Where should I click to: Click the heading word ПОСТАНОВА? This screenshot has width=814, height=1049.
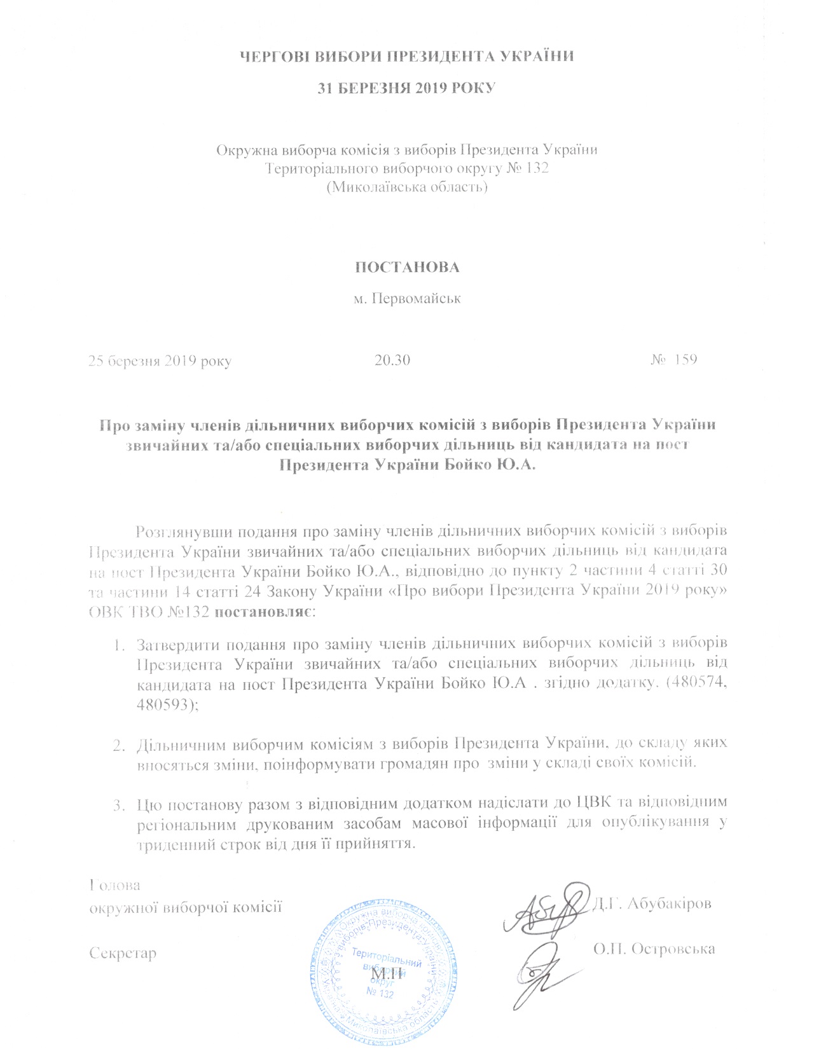(406, 267)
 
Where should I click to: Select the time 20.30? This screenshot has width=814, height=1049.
(392, 360)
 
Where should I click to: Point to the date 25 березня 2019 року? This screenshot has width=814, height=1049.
(160, 361)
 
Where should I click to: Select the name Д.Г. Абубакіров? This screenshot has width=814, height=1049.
(652, 903)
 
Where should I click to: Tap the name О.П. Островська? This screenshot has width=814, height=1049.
(654, 949)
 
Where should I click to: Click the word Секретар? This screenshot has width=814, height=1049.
(123, 953)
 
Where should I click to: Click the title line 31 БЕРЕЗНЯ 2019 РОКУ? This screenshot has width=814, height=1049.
(406, 88)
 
